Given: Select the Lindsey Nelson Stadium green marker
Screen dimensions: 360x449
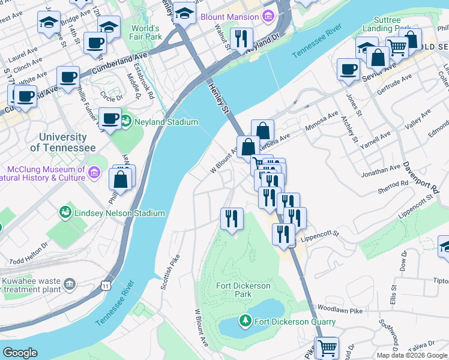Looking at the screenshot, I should point(65,213).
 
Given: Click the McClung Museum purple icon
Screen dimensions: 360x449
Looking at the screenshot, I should point(94,173).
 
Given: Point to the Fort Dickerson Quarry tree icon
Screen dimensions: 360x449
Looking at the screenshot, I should point(245,322).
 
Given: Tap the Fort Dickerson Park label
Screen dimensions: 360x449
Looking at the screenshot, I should point(243,290).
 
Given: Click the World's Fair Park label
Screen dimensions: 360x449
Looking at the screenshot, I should point(146,32).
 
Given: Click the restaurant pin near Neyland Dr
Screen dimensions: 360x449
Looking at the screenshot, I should point(241,39).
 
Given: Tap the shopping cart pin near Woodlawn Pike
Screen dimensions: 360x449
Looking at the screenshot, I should point(327,347).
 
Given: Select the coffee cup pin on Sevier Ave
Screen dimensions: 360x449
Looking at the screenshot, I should point(348,70).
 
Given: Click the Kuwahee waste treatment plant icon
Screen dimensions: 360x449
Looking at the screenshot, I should point(70,283).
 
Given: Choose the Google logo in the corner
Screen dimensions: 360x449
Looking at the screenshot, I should point(20,353).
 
